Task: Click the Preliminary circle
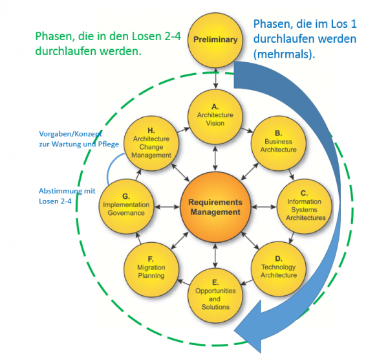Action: [215, 40]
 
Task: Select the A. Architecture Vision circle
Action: [215, 111]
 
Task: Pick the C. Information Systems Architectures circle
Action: [305, 204]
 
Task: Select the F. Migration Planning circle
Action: [151, 267]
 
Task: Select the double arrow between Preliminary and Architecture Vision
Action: [215, 76]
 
